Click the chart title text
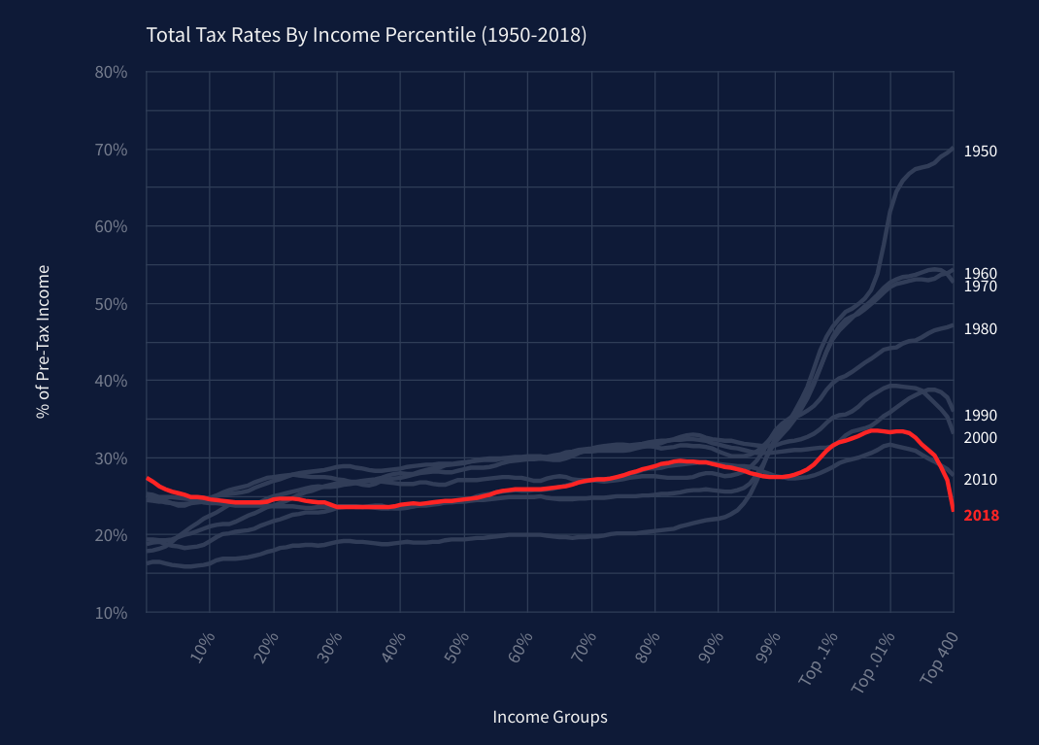coord(366,36)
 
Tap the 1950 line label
coord(980,152)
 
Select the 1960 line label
coord(980,274)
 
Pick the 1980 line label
coord(980,329)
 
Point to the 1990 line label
coord(980,416)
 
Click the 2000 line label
coord(980,438)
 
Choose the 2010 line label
coord(980,480)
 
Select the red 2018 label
coord(981,516)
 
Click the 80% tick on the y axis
coord(112,72)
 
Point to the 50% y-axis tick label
coord(112,303)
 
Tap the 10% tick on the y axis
coord(112,612)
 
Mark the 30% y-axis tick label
coord(112,457)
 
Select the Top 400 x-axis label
coord(938,660)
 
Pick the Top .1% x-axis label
coord(818,660)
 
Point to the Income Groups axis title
coord(550,718)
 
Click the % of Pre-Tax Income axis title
coord(43,342)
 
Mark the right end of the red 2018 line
coord(953,510)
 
